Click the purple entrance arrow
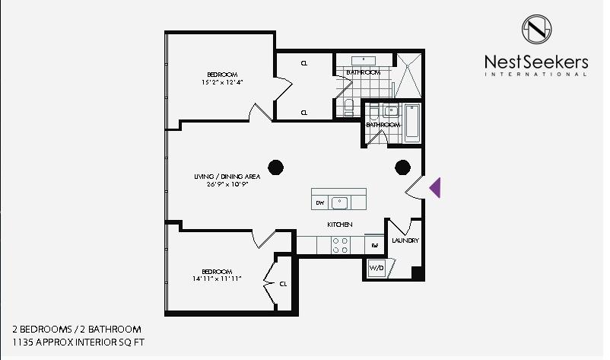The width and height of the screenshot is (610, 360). click(x=436, y=187)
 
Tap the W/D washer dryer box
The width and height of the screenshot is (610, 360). click(x=376, y=268)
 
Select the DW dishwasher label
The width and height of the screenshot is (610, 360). click(x=320, y=202)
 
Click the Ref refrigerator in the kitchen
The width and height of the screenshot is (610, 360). click(x=375, y=245)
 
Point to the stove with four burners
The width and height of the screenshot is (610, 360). click(x=340, y=246)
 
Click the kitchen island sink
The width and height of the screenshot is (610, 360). click(x=340, y=202)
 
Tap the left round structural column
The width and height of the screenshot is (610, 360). click(x=276, y=167)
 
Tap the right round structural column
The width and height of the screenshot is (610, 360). click(x=402, y=167)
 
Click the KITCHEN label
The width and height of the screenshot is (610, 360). click(x=340, y=225)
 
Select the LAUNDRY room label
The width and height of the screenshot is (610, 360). click(x=405, y=241)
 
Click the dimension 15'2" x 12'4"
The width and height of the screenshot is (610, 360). click(x=222, y=82)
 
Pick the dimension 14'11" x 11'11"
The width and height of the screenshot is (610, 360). click(x=217, y=279)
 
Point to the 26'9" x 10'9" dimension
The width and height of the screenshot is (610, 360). click(x=227, y=184)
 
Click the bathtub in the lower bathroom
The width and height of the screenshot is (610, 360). click(x=412, y=123)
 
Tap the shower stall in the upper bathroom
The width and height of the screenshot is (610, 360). click(x=408, y=75)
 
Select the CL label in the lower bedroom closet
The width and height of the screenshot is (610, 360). click(x=283, y=284)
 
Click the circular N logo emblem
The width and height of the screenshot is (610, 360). click(x=536, y=29)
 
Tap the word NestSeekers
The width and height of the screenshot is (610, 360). click(x=536, y=62)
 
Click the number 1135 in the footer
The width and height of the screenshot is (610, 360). click(x=22, y=342)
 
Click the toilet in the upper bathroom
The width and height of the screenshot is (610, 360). click(x=348, y=107)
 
